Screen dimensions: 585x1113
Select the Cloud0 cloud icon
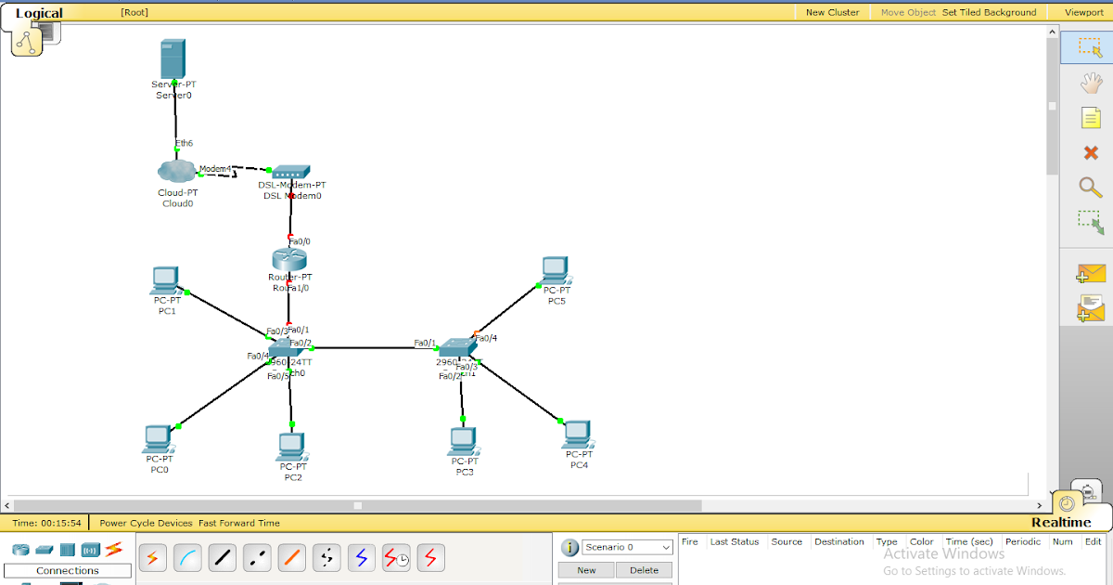(x=176, y=172)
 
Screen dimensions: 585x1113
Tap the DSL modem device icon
(x=291, y=172)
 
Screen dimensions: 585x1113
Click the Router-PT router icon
(x=289, y=259)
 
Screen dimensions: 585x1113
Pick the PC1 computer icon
(x=166, y=280)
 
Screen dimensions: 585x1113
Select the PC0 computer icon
(x=159, y=438)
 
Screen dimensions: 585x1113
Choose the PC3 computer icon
(x=463, y=441)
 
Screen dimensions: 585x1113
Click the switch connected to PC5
(x=457, y=347)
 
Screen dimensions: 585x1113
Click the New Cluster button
(x=832, y=12)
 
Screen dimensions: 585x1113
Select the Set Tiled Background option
(x=989, y=12)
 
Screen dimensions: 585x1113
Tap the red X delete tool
(x=1091, y=152)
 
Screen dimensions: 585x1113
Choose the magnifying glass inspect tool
(x=1091, y=187)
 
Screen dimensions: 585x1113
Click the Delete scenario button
(x=643, y=570)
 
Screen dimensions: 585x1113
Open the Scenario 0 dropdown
(x=627, y=547)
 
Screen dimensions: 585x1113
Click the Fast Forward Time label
(x=239, y=523)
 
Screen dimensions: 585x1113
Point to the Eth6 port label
(x=184, y=143)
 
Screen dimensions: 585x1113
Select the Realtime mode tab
(x=1061, y=522)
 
